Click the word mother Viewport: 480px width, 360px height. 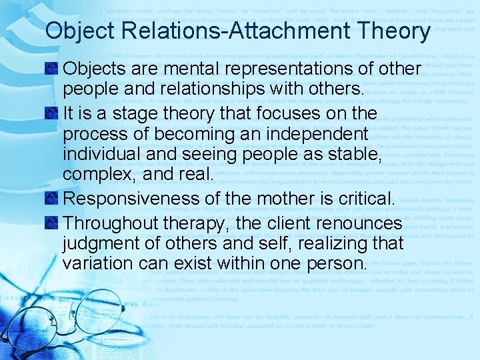pos(281,199)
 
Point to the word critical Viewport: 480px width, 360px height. pos(365,199)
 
